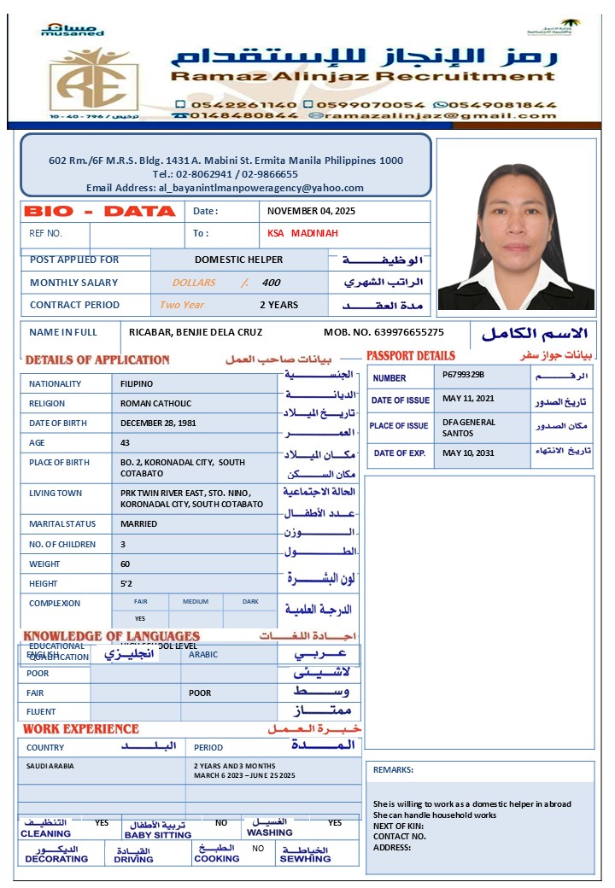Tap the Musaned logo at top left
point(72,30)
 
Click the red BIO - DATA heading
point(100,211)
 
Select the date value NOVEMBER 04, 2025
point(311,211)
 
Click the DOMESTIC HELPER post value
point(238,260)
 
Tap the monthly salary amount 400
point(271,283)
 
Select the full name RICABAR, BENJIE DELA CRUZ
point(196,332)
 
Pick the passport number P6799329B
point(464,374)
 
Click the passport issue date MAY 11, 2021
point(468,399)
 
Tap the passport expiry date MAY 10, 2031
point(468,453)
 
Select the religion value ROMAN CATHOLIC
point(155,403)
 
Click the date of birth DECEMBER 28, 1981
point(158,423)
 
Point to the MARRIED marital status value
point(138,523)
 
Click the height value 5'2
point(126,583)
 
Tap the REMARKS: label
point(393,770)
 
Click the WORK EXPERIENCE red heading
point(80,729)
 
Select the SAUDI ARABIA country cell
point(50,766)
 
